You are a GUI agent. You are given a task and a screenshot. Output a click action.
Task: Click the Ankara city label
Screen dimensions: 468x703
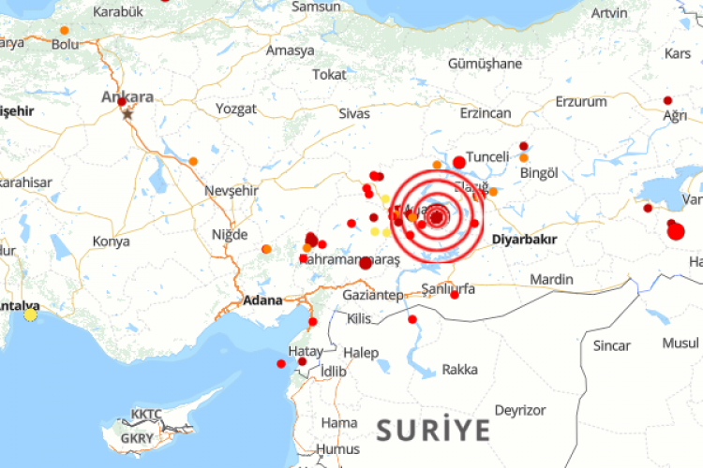pos(127,96)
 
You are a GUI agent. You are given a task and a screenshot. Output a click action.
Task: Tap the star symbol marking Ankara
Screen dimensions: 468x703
pos(127,113)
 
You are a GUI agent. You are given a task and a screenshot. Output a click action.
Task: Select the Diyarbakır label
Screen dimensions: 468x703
pos(524,240)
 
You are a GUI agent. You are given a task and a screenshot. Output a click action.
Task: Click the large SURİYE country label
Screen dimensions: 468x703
pos(433,430)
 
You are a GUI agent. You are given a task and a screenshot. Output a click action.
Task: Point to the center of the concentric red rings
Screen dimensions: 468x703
pos(437,218)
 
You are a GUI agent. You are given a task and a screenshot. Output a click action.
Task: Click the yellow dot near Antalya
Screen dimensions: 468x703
pos(31,315)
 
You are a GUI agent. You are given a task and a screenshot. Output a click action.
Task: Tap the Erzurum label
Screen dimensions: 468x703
pos(581,102)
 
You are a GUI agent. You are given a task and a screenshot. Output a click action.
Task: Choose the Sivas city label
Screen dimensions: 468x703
pos(353,112)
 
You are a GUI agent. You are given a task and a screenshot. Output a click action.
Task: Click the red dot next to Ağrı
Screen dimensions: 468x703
pos(667,100)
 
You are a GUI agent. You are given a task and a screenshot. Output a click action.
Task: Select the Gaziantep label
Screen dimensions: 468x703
pos(372,295)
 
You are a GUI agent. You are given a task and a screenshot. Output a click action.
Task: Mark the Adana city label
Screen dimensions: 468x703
pos(262,301)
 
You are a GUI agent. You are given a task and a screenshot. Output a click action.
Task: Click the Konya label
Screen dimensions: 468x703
pos(111,241)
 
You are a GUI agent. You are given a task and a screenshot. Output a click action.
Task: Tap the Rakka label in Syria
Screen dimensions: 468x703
pos(459,369)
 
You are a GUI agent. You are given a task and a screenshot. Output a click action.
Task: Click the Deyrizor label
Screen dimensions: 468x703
pos(519,410)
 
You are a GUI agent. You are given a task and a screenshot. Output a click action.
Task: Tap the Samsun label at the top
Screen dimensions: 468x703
pos(316,7)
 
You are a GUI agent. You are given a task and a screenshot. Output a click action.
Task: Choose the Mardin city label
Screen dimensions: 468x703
pos(550,280)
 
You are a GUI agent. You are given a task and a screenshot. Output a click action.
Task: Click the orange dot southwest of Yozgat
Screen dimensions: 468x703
pos(193,161)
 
